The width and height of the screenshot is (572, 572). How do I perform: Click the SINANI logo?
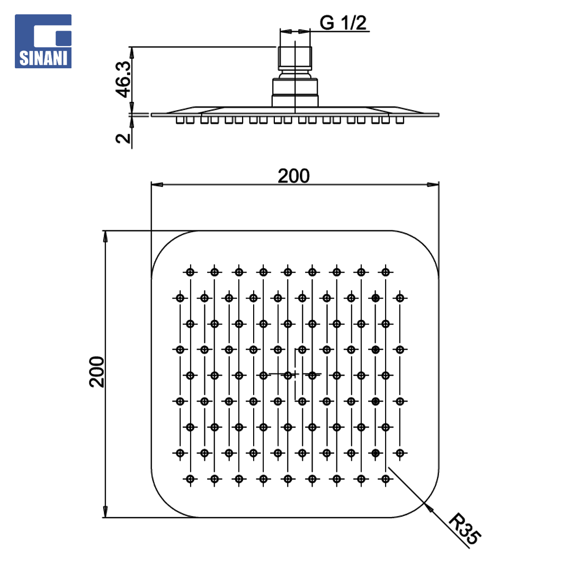pyautogui.click(x=43, y=41)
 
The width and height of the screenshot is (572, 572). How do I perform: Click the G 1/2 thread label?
pyautogui.click(x=343, y=23)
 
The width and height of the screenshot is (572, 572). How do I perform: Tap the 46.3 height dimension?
pyautogui.click(x=123, y=79)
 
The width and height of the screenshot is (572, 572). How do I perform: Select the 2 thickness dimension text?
pyautogui.click(x=123, y=138)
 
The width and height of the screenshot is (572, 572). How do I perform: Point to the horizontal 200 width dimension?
pyautogui.click(x=293, y=176)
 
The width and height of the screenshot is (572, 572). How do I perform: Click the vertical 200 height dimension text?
pyautogui.click(x=97, y=372)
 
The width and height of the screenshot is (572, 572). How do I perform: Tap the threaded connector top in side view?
pyautogui.click(x=295, y=58)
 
